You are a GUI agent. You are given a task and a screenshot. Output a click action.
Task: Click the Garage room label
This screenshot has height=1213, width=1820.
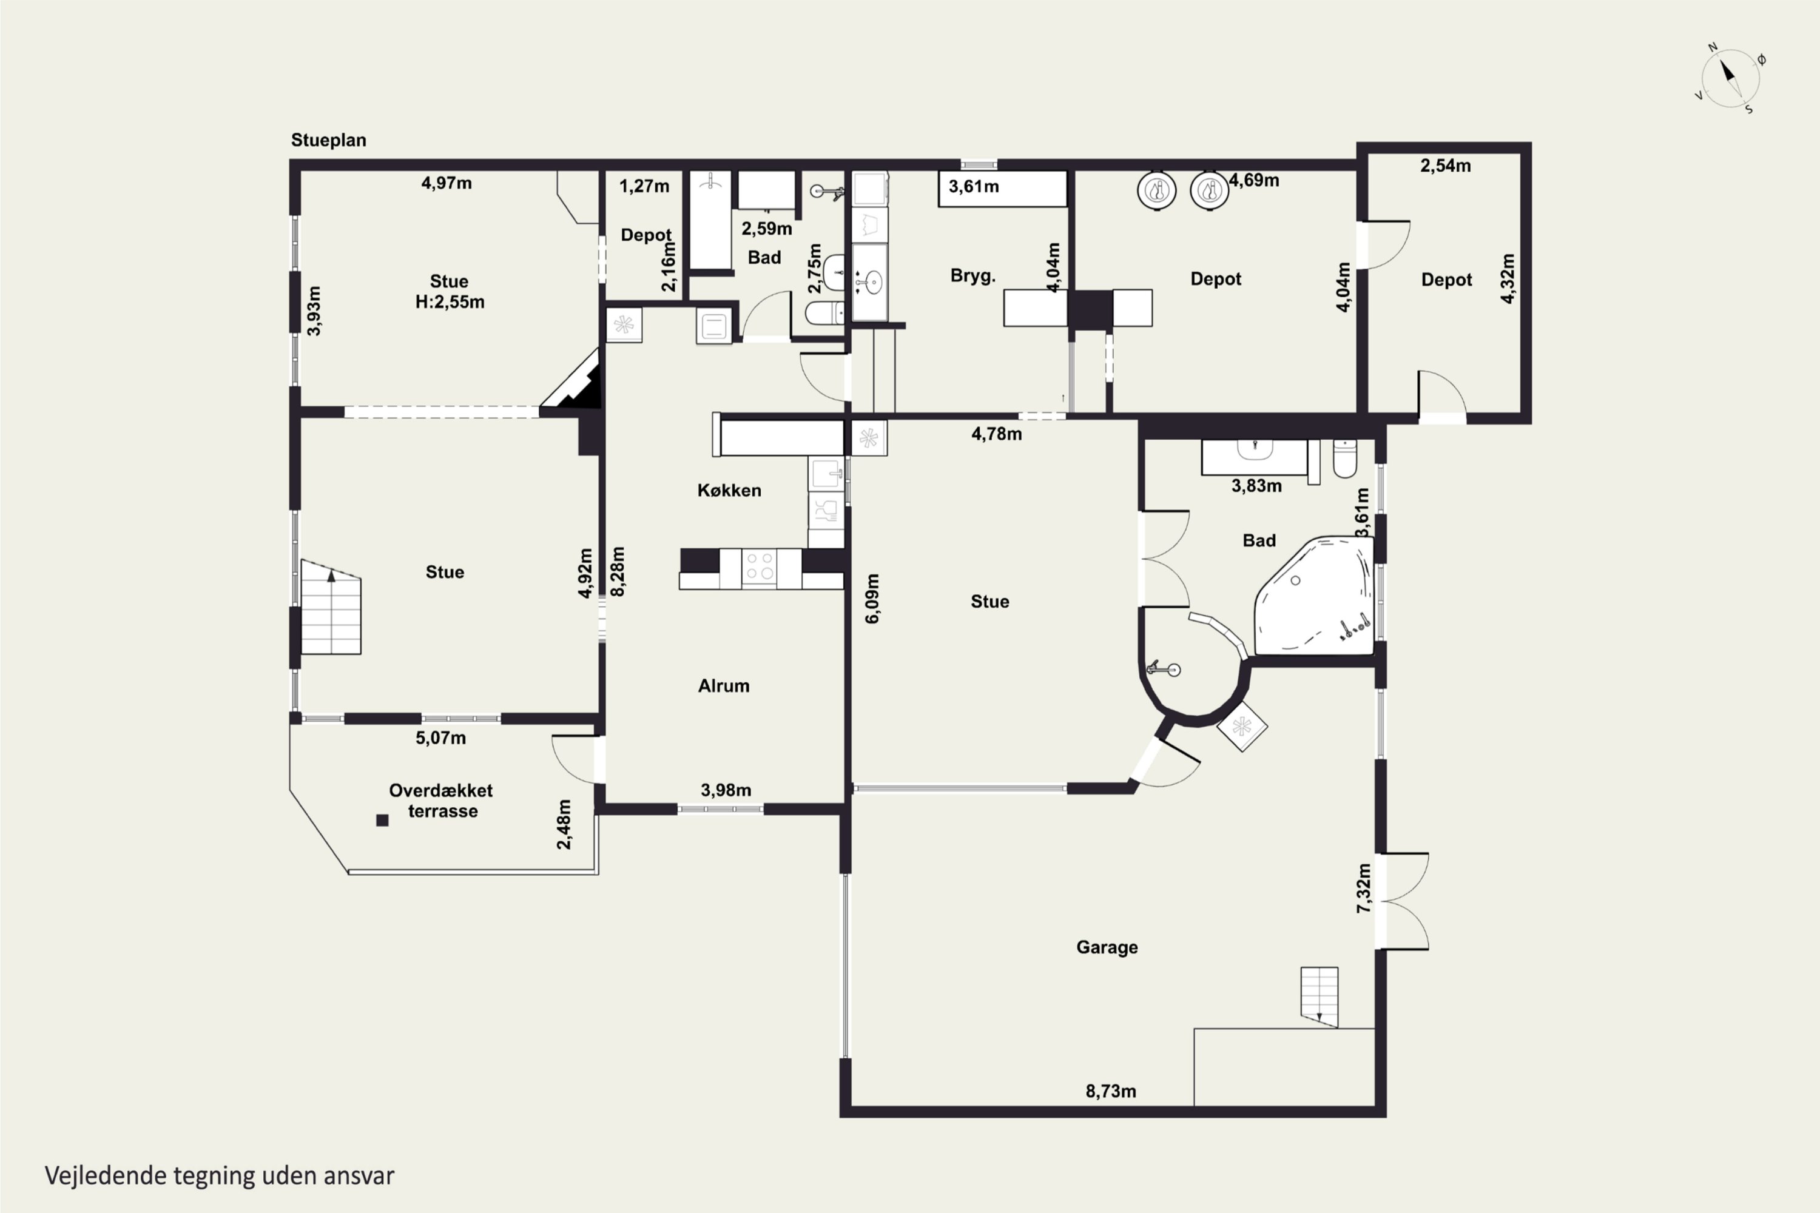pyautogui.click(x=1107, y=947)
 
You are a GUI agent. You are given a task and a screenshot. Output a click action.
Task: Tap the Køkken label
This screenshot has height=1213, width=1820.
pyautogui.click(x=729, y=491)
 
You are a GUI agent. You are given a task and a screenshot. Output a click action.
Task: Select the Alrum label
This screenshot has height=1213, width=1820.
pyautogui.click(x=724, y=686)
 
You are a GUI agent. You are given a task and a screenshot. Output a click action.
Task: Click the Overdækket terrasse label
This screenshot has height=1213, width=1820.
pyautogui.click(x=441, y=801)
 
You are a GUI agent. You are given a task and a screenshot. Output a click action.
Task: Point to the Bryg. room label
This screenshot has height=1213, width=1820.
pyautogui.click(x=972, y=276)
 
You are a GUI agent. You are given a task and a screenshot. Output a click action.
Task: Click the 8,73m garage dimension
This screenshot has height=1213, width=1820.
pyautogui.click(x=1110, y=1092)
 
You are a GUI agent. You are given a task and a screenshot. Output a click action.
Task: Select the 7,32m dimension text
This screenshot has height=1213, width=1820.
pyautogui.click(x=1363, y=888)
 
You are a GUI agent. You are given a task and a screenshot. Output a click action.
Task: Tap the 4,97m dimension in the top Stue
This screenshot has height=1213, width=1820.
pyautogui.click(x=447, y=183)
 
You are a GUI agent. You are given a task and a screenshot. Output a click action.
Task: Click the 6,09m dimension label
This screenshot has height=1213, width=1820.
pyautogui.click(x=872, y=599)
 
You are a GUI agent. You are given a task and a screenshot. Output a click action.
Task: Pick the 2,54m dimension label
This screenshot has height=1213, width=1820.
pyautogui.click(x=1446, y=166)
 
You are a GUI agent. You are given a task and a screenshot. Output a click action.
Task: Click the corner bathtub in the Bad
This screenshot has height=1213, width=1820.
pyautogui.click(x=1313, y=596)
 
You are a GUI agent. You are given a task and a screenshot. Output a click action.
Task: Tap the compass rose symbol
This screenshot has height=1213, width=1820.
pyautogui.click(x=1730, y=78)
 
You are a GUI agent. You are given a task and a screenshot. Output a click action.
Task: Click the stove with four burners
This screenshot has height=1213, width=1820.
pyautogui.click(x=759, y=569)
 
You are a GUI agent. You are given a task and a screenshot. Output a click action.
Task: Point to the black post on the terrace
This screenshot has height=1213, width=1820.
pyautogui.click(x=382, y=820)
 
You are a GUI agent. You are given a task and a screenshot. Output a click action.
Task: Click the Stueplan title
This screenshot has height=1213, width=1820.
pyautogui.click(x=329, y=140)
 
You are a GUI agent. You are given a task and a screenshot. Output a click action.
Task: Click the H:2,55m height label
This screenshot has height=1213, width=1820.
pyautogui.click(x=450, y=303)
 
